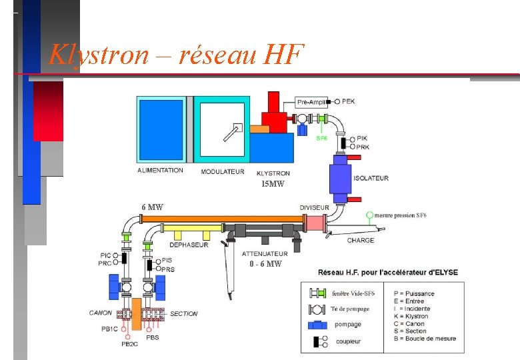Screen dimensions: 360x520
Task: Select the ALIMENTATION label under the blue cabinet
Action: click(160, 171)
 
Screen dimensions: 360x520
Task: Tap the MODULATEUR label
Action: click(223, 172)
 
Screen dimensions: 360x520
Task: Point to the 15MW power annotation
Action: click(272, 184)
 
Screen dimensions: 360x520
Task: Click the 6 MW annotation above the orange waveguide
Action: click(152, 207)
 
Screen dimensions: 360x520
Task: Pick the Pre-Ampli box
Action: click(311, 102)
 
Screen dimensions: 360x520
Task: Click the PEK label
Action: click(349, 101)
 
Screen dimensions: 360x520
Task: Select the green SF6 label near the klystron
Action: click(321, 139)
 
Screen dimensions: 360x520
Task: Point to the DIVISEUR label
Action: click(314, 208)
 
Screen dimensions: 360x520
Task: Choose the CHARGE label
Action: click(361, 240)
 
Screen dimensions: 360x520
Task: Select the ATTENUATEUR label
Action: click(265, 253)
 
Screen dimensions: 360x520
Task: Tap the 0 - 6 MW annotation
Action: click(265, 264)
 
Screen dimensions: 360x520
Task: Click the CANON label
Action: click(101, 313)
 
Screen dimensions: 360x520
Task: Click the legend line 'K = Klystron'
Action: click(411, 316)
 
